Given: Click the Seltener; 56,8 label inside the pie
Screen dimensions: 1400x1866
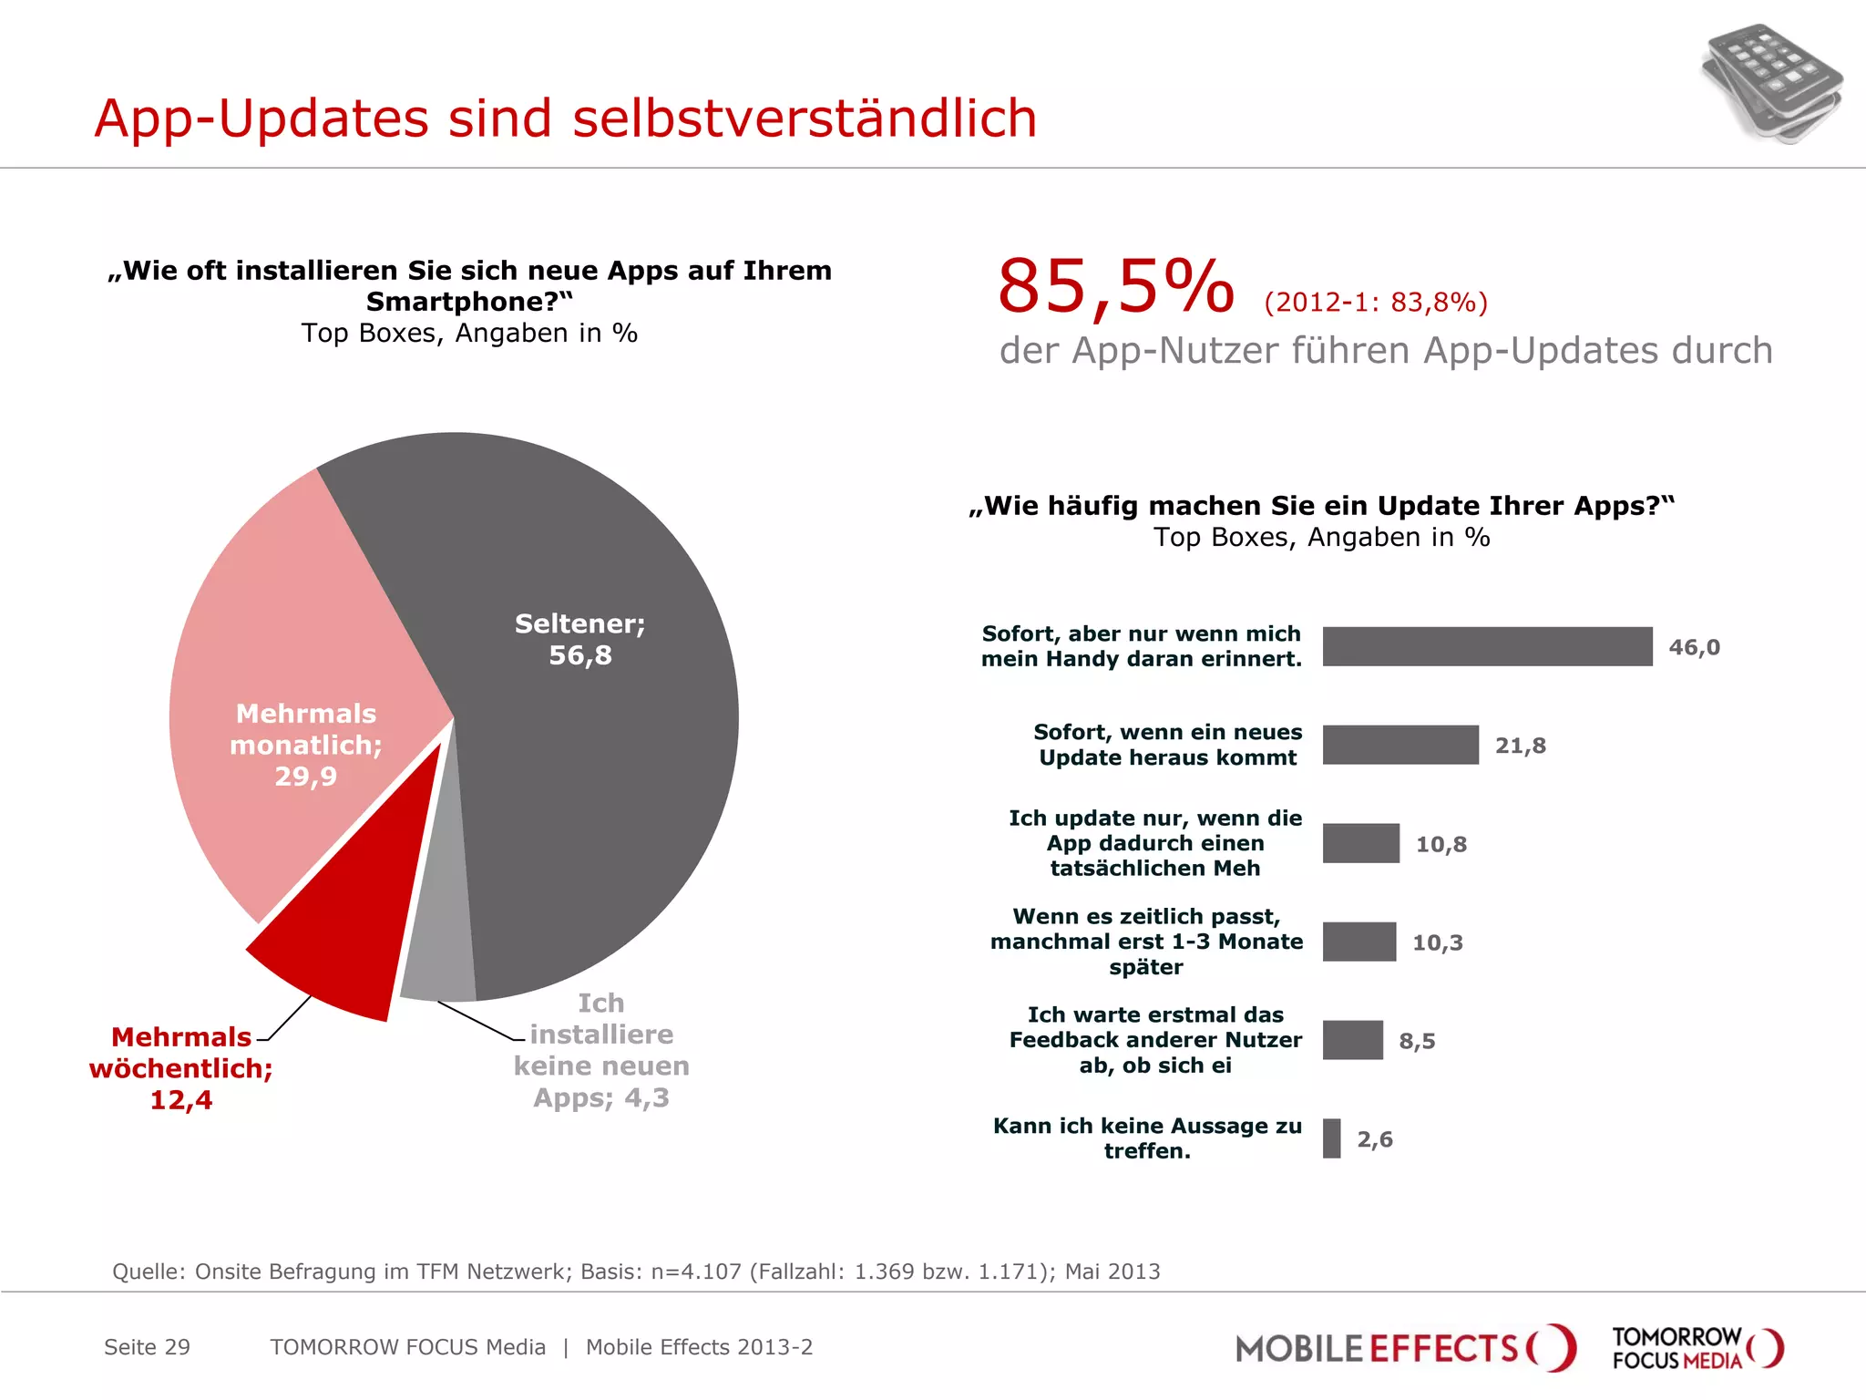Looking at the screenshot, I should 580,639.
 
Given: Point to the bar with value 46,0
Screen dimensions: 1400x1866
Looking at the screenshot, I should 1487,646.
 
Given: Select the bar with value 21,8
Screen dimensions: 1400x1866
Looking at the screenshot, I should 1400,745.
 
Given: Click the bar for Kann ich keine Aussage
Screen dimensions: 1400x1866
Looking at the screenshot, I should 1332,1138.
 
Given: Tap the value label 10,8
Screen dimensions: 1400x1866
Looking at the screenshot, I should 1441,844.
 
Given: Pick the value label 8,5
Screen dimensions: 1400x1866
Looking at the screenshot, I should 1417,1041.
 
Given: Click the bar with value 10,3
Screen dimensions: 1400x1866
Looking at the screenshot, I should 1359,942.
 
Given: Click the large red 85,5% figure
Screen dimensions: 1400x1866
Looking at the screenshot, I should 1115,287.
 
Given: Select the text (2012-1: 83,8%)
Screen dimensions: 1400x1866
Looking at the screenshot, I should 1376,302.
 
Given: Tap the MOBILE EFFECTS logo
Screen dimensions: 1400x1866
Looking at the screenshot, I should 1403,1348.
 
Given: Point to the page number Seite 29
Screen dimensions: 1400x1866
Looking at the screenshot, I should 147,1347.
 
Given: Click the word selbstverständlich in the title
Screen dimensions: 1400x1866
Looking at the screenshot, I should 805,118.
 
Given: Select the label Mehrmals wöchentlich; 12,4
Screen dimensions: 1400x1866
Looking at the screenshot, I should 180,1068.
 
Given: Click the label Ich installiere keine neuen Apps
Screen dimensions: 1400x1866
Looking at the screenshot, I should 600,1050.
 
